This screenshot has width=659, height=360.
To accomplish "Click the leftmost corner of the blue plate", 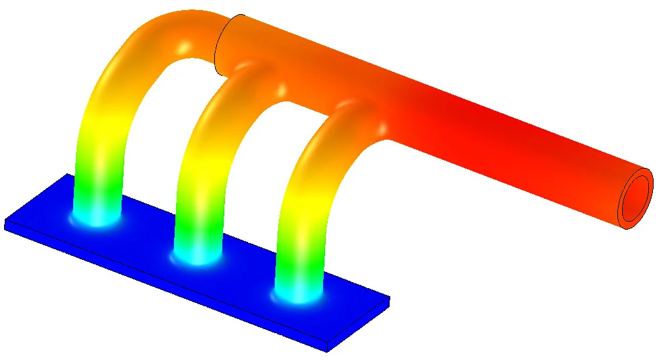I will coord(5,224).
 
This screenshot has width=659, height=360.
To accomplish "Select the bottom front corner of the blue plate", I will coord(327,349).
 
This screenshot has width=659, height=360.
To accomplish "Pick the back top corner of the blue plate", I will coord(67,175).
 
